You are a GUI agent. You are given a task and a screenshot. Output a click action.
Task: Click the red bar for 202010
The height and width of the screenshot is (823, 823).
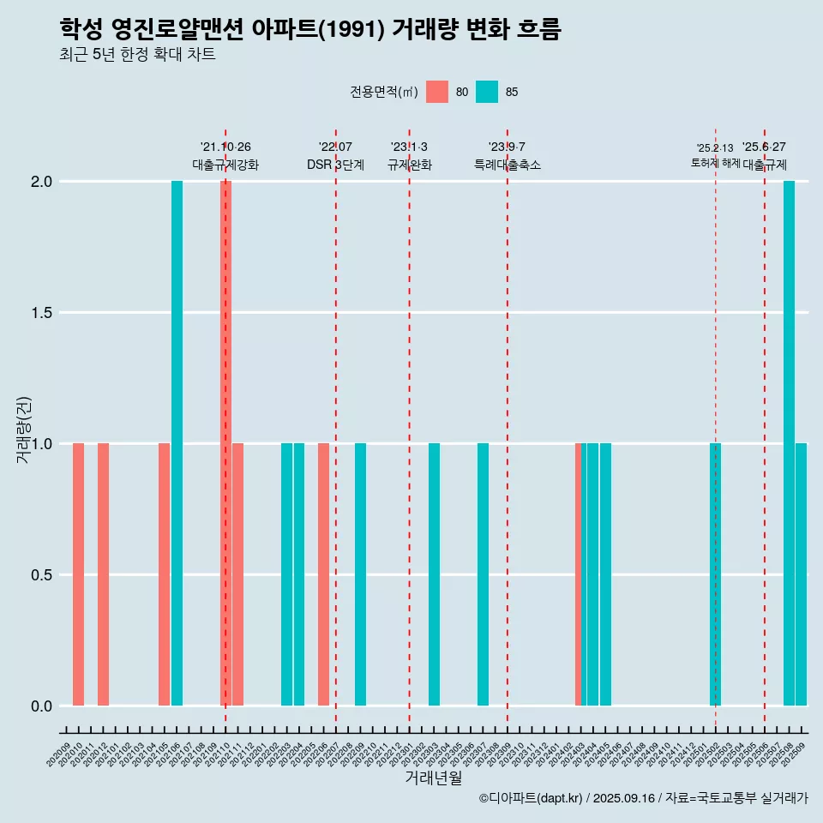(x=78, y=574)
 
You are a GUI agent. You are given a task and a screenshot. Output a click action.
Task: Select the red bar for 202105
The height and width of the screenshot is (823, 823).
(x=164, y=574)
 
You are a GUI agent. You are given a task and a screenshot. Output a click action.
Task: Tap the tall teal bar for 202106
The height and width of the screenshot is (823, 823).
(x=177, y=443)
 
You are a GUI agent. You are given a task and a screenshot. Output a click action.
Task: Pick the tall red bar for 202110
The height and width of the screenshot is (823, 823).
(x=226, y=443)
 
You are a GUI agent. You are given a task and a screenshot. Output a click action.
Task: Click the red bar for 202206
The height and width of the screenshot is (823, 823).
(x=323, y=574)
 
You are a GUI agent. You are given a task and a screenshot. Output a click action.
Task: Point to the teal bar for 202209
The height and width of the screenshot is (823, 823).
(x=360, y=574)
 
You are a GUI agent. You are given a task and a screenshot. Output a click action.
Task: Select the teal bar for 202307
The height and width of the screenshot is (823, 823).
(x=483, y=574)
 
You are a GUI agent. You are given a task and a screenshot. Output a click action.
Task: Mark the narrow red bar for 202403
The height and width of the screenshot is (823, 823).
(x=578, y=574)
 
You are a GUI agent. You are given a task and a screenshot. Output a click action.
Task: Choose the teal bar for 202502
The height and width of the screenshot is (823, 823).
(x=715, y=574)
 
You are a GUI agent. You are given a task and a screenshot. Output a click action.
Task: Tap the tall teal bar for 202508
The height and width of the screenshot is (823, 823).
(x=789, y=443)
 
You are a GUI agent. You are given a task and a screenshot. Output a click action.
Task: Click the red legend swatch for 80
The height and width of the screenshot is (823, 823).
(x=437, y=92)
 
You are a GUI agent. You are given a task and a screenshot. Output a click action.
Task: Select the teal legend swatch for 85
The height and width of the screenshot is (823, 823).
(x=487, y=92)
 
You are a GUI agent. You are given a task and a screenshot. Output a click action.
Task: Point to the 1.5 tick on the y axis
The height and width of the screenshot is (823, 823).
(x=41, y=313)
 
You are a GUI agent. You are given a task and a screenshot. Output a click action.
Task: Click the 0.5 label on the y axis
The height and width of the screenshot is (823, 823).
(x=41, y=575)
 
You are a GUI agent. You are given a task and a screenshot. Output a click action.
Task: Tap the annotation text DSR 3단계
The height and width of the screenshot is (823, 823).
(x=335, y=165)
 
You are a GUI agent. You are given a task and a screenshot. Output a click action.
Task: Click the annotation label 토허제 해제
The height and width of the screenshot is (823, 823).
(x=715, y=163)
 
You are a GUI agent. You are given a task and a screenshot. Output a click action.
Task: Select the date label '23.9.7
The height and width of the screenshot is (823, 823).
(x=507, y=147)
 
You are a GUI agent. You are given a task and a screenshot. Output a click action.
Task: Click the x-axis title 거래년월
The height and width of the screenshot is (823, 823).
(x=433, y=778)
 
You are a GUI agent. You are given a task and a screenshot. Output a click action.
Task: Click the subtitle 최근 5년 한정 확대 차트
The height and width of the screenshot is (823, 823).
(x=137, y=55)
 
